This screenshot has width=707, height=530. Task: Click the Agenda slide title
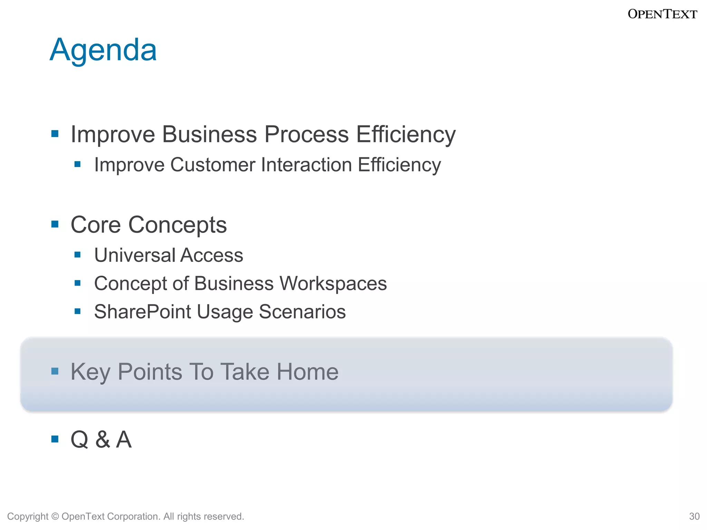click(103, 50)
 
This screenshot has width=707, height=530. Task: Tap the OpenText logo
click(662, 14)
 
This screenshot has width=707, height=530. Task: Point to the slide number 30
click(694, 516)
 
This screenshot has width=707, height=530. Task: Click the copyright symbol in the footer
click(55, 516)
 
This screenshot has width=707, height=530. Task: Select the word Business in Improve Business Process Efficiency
click(210, 134)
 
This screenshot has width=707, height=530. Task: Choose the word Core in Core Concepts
click(96, 225)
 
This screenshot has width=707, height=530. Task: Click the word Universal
click(135, 255)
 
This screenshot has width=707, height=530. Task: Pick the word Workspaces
click(333, 284)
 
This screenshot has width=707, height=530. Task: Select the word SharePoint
click(143, 312)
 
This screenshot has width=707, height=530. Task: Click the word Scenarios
click(302, 312)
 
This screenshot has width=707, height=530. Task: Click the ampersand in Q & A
click(103, 440)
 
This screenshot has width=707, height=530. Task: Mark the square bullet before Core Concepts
click(55, 225)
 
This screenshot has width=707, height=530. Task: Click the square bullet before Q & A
click(55, 439)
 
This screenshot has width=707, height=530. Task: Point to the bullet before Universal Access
click(78, 255)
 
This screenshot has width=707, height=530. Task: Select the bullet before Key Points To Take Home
click(55, 371)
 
